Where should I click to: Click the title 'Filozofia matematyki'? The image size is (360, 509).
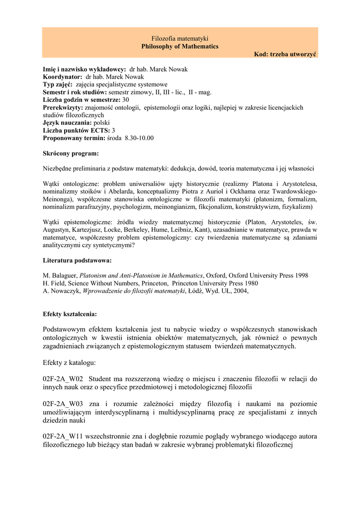pyautogui.click(x=180, y=38)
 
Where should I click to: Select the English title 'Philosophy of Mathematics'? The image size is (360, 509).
pyautogui.click(x=180, y=46)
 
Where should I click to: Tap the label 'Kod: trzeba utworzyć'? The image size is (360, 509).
pyautogui.click(x=285, y=54)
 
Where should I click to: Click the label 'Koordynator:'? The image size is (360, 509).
pyautogui.click(x=63, y=77)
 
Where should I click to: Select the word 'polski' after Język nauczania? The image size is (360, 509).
pyautogui.click(x=102, y=122)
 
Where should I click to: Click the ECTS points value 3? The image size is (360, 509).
pyautogui.click(x=113, y=130)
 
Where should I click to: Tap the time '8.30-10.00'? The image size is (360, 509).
pyautogui.click(x=139, y=138)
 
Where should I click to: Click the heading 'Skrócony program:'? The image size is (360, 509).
pyautogui.click(x=71, y=153)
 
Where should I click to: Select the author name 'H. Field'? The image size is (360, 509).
pyautogui.click(x=54, y=283)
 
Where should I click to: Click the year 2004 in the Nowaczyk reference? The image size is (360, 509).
pyautogui.click(x=239, y=291)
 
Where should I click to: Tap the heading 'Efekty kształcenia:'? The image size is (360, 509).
pyautogui.click(x=70, y=314)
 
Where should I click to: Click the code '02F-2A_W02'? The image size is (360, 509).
pyautogui.click(x=63, y=379)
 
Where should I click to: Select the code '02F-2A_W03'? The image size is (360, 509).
pyautogui.click(x=63, y=404)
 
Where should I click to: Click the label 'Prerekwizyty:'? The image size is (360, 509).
pyautogui.click(x=63, y=107)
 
